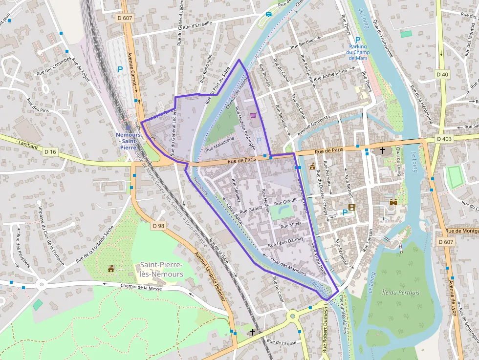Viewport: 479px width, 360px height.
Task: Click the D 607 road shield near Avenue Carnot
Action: [x=125, y=18]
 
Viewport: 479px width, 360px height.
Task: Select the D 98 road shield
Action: [x=158, y=226]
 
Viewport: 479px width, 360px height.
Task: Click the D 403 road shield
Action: [x=444, y=139]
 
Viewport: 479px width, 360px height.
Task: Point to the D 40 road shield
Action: [x=442, y=74]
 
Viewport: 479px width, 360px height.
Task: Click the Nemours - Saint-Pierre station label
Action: [x=129, y=141]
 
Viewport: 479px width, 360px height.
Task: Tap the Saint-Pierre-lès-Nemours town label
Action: [x=161, y=269]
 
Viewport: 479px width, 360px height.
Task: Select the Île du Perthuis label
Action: [x=400, y=293]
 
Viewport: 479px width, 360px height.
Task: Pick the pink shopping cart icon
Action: [x=253, y=115]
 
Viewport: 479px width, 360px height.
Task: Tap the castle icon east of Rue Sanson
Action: [x=392, y=202]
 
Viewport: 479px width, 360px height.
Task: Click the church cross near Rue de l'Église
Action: [x=252, y=332]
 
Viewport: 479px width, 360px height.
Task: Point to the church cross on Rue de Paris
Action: [x=382, y=150]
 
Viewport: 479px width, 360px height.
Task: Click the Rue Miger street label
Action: [x=291, y=225]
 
